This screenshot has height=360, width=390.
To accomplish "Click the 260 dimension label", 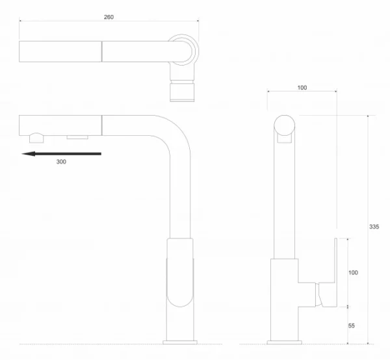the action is coord(109,17).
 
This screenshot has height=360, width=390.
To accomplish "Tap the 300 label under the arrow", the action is coord(61,162).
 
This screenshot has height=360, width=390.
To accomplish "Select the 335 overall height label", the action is coord(374,227).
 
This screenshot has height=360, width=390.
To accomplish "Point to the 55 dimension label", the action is coord(352,326).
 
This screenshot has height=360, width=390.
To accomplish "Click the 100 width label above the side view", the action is coord(302,88).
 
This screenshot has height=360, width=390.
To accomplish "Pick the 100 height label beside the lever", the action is coord(353,273).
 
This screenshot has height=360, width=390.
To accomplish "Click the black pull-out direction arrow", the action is coord(62,154).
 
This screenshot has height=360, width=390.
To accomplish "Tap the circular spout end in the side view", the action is coord(285,125).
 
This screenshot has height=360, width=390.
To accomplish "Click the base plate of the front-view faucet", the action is coord(180,342).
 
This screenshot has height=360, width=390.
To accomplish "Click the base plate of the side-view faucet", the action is coord(285,342).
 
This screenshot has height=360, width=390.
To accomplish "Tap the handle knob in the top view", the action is coord(182,92).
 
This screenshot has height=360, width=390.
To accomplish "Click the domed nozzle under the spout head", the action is coord(36,138).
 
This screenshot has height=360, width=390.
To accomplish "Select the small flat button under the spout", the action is coord(77,137).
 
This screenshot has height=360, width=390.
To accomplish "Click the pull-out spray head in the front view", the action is coord(60,125).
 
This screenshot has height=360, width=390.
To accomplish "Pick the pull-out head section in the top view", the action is coord(60,51).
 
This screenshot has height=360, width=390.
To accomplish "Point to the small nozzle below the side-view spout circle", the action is coord(285,139).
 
